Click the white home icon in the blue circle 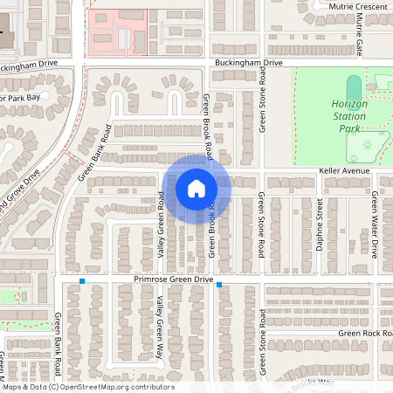196,188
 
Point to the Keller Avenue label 345,170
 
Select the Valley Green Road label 161,224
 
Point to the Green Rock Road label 365,333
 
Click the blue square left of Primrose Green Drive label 82,281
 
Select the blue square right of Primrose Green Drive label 219,285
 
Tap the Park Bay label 19,98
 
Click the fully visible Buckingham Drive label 248,64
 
